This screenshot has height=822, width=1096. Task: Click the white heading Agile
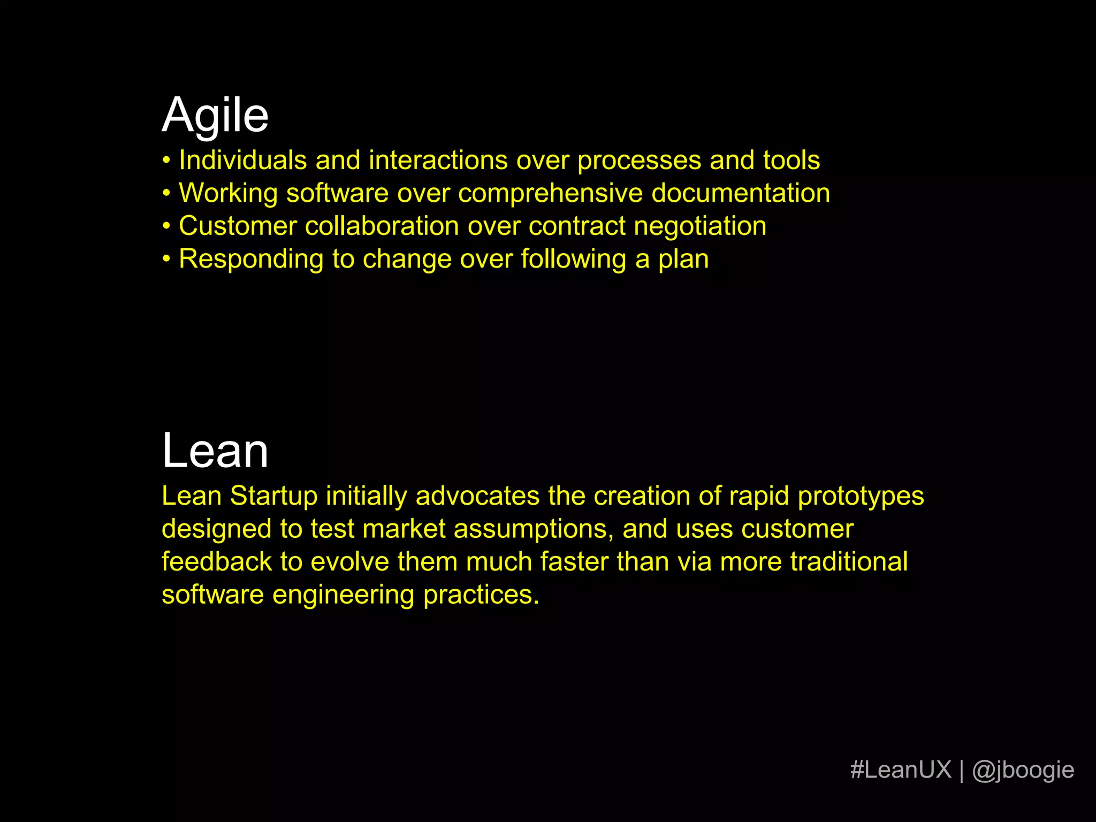(x=215, y=116)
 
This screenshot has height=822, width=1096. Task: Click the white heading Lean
(x=215, y=451)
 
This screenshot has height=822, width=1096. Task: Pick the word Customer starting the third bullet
(x=238, y=226)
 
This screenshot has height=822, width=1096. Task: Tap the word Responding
(x=251, y=260)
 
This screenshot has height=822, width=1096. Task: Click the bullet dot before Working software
(x=167, y=193)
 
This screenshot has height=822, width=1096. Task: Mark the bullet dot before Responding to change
(x=167, y=259)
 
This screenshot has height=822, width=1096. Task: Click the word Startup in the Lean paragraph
(x=274, y=496)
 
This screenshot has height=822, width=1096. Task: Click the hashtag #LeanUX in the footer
(x=901, y=770)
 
